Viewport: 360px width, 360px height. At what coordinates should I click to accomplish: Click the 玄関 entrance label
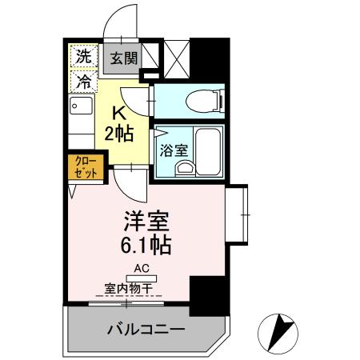(x=125, y=58)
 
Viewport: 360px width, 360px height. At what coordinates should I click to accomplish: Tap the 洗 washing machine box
(x=82, y=56)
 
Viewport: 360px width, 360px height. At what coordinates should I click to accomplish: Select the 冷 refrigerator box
(x=82, y=79)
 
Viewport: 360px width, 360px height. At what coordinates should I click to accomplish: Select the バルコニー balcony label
(x=146, y=329)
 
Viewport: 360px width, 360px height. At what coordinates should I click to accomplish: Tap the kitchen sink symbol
(x=77, y=107)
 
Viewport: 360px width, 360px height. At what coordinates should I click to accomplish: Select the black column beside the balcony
(x=208, y=295)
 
